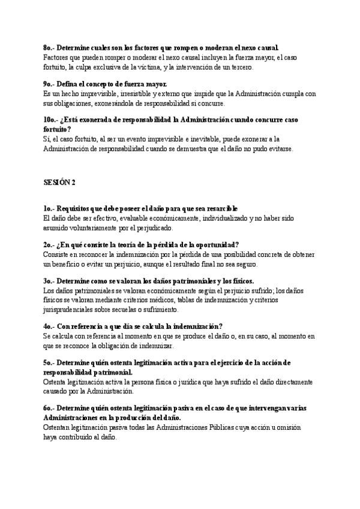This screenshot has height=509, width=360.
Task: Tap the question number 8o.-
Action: coord(50,47)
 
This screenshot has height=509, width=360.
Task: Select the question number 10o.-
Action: coord(52,119)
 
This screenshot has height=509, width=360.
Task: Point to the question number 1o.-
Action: coord(50,208)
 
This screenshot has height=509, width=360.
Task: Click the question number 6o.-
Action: coord(50,408)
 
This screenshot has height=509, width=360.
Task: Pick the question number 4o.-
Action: coord(50,326)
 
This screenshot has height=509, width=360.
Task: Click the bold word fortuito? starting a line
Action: coord(57,129)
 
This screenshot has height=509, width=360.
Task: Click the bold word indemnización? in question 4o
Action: coord(194,326)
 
